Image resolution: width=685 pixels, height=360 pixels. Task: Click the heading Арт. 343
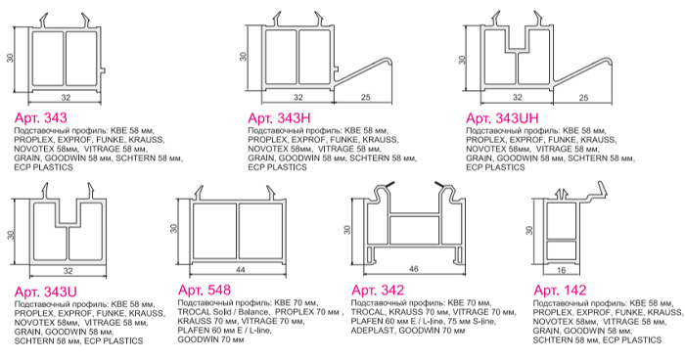41,118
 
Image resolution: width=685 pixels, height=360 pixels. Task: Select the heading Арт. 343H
279,118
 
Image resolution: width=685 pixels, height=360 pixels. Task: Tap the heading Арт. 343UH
502,118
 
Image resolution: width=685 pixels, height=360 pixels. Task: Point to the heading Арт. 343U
45,292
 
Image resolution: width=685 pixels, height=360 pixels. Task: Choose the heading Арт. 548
205,291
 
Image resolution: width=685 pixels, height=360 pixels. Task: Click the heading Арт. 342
378,291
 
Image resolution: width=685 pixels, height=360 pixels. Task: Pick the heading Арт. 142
560,291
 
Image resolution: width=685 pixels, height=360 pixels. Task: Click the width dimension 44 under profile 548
241,270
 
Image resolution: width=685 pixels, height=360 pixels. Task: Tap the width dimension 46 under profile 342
413,269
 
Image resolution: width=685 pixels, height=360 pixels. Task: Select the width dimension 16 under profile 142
562,270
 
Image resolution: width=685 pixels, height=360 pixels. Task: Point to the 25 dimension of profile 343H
366,97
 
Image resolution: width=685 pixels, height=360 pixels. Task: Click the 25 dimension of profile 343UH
583,98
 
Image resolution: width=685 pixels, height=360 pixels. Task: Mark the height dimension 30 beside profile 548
174,229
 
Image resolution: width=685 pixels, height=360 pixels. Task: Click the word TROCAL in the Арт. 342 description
368,312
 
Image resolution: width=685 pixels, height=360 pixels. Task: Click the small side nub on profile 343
104,69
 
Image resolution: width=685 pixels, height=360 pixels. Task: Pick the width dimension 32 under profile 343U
68,271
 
